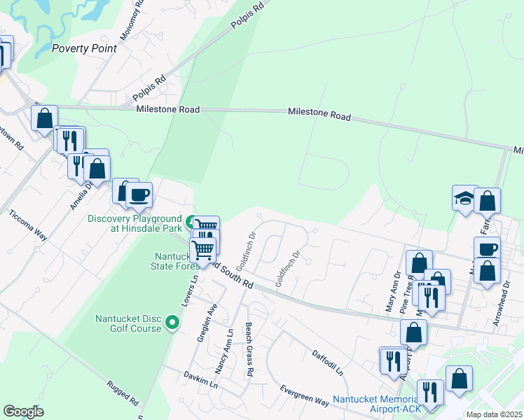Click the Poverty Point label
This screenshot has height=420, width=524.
pyautogui.click(x=85, y=48)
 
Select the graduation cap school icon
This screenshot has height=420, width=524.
pyautogui.click(x=464, y=198)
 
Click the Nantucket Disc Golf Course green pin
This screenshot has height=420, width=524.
pyautogui.click(x=173, y=323)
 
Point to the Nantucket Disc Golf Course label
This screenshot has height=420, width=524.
pyautogui.click(x=127, y=324)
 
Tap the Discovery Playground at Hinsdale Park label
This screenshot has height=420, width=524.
pyautogui.click(x=135, y=223)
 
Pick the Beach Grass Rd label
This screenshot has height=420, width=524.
pyautogui.click(x=249, y=349)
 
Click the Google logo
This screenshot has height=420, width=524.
pyautogui.click(x=23, y=411)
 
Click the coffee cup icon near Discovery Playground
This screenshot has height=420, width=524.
pyautogui.click(x=138, y=195)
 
